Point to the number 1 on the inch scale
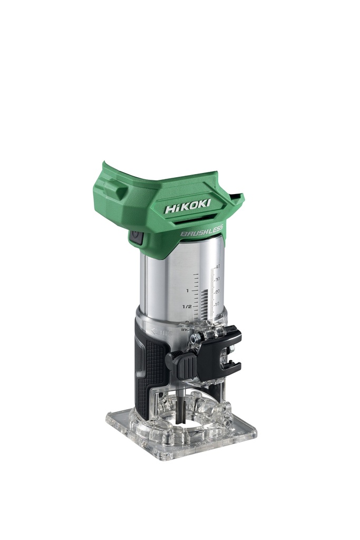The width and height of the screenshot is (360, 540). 187,291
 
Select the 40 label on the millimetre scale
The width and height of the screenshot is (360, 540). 217,267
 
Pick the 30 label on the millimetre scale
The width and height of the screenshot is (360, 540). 217,279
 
